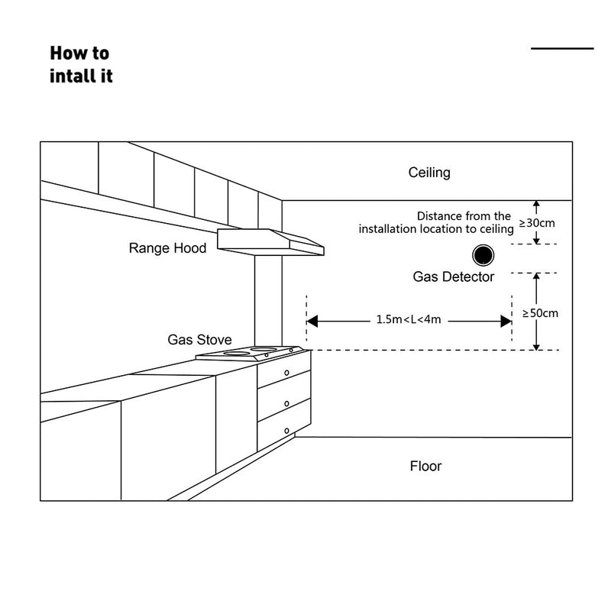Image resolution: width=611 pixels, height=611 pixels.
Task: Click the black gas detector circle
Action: [x=483, y=254]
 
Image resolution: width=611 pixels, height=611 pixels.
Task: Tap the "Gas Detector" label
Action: [x=454, y=277]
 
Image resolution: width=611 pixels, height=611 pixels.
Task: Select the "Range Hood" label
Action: [x=167, y=248]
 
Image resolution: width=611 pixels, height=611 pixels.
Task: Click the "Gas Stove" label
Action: [x=200, y=339]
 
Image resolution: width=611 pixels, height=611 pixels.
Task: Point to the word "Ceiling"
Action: [x=429, y=173]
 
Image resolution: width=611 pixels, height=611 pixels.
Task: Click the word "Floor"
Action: [x=425, y=466]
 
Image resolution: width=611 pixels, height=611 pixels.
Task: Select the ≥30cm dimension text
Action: [x=538, y=223]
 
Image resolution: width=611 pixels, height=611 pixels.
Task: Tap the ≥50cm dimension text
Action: [x=540, y=313]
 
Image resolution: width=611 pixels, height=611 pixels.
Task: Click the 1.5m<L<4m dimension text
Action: [x=409, y=320]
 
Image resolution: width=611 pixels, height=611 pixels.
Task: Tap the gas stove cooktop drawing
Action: [x=252, y=354]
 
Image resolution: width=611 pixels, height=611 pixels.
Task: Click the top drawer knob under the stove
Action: [x=286, y=373]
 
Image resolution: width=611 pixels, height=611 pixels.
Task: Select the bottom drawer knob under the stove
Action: [x=286, y=432]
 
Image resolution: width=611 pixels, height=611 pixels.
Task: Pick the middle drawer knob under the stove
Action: [x=286, y=402]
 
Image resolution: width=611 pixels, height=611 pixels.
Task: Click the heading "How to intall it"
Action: [x=80, y=64]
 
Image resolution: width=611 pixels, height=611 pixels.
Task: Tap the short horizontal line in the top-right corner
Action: [x=562, y=49]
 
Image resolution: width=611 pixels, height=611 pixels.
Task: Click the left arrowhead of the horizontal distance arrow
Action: [x=313, y=322]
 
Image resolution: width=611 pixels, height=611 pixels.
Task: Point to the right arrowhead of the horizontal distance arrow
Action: [x=506, y=322]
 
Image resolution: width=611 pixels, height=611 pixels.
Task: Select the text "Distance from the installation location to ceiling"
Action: [x=436, y=222]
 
